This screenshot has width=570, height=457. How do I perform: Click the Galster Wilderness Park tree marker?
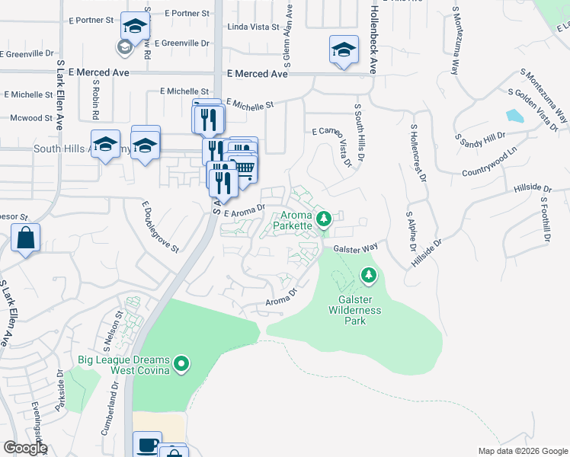coord(369,274)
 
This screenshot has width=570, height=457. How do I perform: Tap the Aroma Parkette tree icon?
coord(324,220)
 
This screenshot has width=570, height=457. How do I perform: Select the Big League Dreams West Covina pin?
coord(181,365)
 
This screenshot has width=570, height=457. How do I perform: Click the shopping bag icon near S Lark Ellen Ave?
coord(26,238)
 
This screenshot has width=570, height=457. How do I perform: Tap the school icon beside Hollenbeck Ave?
coord(344,50)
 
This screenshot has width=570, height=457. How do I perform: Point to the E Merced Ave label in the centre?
coord(258,74)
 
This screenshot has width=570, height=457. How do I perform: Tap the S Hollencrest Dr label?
coord(416,150)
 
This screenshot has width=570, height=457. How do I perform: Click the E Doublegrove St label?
coord(160,227)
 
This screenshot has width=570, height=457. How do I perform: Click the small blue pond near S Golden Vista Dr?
coord(514,117)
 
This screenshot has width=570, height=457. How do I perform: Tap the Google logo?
coord(25,448)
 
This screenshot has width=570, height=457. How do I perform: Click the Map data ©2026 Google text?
coord(522,451)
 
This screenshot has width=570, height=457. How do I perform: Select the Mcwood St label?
coord(31,118)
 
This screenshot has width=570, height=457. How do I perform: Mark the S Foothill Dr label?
coord(545,219)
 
